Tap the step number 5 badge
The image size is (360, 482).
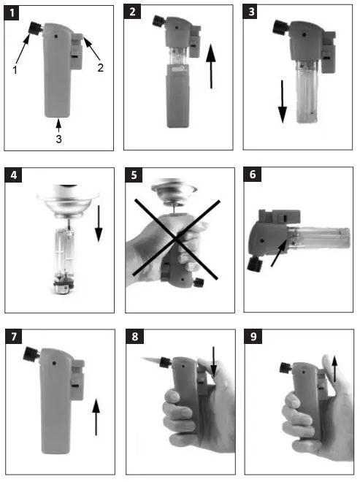point(134,176)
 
